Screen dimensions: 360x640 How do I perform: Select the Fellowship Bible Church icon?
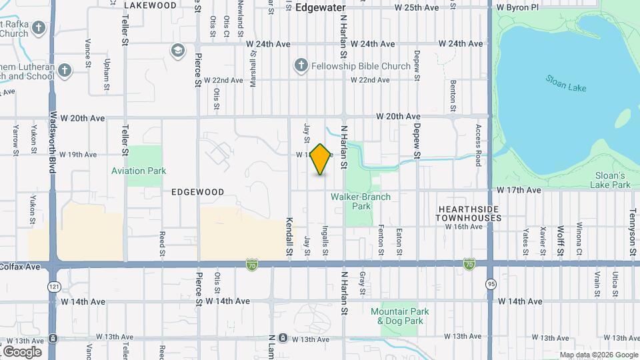coord(301,65)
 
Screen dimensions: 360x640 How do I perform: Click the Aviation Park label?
coord(139,171)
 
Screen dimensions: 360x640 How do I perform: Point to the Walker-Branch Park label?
coord(361,201)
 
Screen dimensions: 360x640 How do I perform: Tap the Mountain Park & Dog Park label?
coord(400,316)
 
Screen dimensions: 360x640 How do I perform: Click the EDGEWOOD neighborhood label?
coord(197,191)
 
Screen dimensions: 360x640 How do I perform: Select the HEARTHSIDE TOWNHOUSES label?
coord(469,213)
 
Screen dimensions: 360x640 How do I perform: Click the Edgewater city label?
coord(321,7)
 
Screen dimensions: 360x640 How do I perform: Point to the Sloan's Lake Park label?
coord(611,179)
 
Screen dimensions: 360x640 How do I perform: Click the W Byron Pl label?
coord(517,7)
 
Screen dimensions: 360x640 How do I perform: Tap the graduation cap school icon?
coord(177,51)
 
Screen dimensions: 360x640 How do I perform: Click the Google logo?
coord(22,351)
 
